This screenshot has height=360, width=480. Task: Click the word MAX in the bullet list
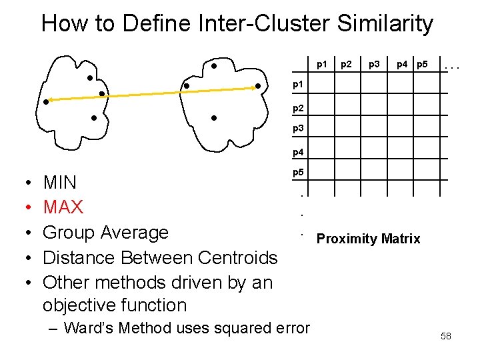point(63,207)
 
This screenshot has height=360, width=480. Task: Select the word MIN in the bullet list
point(60,182)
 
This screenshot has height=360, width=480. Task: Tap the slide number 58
point(445,336)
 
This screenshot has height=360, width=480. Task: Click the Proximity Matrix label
point(368,239)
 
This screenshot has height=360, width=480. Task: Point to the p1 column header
point(322,65)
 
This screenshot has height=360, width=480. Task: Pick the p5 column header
point(421,65)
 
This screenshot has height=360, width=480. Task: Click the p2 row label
point(299,107)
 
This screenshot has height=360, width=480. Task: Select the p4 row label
point(299,152)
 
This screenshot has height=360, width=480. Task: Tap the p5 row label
point(299,173)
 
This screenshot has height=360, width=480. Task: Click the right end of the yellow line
point(259,87)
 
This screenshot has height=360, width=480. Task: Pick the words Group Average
point(105,233)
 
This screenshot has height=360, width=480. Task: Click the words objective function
point(114,305)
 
